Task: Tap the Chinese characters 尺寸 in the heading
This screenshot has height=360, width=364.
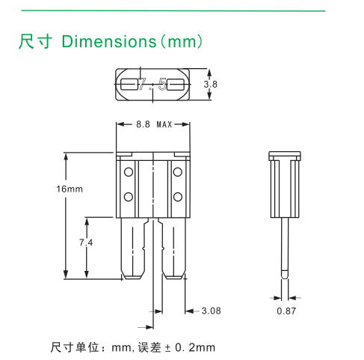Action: point(36,40)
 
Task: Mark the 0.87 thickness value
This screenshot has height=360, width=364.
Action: point(286,309)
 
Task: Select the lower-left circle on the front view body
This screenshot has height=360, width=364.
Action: point(129,197)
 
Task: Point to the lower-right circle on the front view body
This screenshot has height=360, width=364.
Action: point(178,197)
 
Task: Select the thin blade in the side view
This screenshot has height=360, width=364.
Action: point(286,243)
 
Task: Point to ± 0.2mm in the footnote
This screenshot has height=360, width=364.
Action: point(190,347)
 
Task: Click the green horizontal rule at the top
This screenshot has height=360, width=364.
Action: point(172,11)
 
